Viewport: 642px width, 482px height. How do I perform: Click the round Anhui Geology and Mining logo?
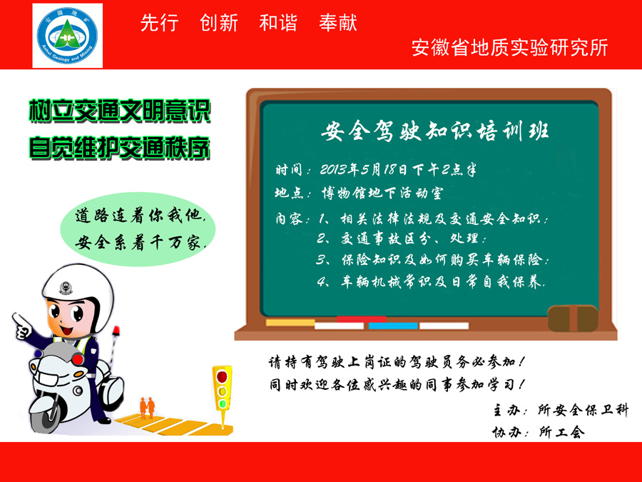(67, 36)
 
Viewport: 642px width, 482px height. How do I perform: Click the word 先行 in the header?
(159, 23)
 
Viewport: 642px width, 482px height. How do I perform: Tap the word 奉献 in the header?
(338, 23)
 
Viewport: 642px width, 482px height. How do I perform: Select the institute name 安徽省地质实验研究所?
(509, 48)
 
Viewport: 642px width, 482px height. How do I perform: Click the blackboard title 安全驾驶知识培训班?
(434, 131)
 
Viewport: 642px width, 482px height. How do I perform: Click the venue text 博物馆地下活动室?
(382, 193)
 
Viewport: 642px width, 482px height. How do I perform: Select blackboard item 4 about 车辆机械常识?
(431, 281)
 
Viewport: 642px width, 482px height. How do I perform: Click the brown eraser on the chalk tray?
(573, 318)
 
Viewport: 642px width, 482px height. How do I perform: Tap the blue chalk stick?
(392, 326)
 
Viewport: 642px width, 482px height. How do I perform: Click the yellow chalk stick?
(290, 323)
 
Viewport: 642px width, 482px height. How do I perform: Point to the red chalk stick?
(361, 319)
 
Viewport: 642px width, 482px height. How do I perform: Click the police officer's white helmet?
(77, 289)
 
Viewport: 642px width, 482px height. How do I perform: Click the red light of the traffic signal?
(222, 376)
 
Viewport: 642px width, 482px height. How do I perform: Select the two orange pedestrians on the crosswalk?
(148, 407)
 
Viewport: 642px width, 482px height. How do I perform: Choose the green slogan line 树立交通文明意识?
(120, 111)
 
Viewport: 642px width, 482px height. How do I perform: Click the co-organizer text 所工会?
(562, 431)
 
